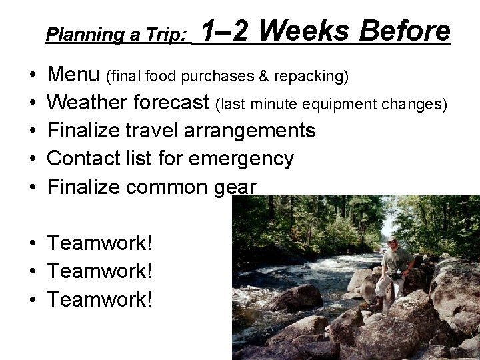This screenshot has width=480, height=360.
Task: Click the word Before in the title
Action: (x=405, y=31)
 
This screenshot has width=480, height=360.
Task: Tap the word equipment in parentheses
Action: (x=360, y=105)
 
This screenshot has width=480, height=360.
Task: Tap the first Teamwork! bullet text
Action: (x=100, y=243)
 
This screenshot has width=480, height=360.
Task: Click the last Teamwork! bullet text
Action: (x=100, y=300)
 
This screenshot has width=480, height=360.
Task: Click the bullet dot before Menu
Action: (x=32, y=74)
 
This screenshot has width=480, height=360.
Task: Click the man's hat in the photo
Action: (x=391, y=240)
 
